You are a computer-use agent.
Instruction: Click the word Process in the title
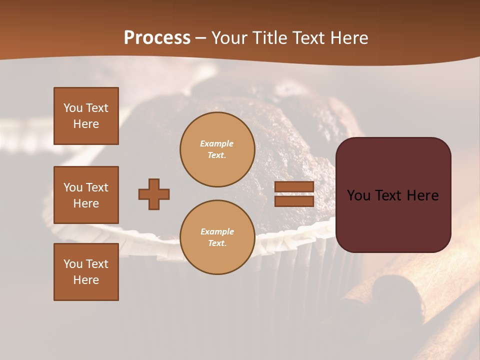pyautogui.click(x=157, y=38)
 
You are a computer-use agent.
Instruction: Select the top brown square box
pyautogui.click(x=86, y=116)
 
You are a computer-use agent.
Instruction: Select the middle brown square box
pyautogui.click(x=86, y=195)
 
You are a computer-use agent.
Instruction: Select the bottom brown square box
pyautogui.click(x=86, y=272)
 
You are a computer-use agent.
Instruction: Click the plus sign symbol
pyautogui.click(x=154, y=194)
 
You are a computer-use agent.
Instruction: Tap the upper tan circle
pyautogui.click(x=217, y=149)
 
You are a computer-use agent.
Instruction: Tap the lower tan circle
pyautogui.click(x=217, y=237)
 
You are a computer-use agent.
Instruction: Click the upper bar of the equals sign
pyautogui.click(x=294, y=187)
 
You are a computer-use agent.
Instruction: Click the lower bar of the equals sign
pyautogui.click(x=294, y=201)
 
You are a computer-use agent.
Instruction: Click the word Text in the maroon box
pyautogui.click(x=393, y=195)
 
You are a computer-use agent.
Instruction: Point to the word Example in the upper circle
pyautogui.click(x=217, y=143)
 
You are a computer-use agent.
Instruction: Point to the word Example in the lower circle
pyautogui.click(x=217, y=231)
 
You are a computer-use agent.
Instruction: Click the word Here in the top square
pyautogui.click(x=86, y=124)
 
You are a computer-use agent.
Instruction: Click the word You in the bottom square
pyautogui.click(x=73, y=264)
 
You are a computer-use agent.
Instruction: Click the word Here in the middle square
pyautogui.click(x=86, y=203)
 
